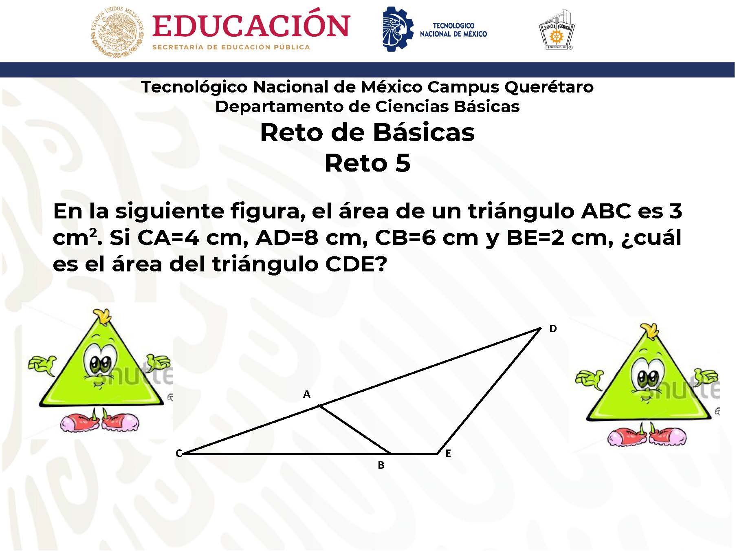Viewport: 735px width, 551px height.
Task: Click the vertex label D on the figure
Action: pyautogui.click(x=552, y=328)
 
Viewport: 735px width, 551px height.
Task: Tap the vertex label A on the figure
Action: pyautogui.click(x=307, y=394)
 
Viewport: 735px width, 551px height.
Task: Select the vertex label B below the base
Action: pyautogui.click(x=381, y=465)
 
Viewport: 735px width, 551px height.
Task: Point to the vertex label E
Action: pyautogui.click(x=448, y=454)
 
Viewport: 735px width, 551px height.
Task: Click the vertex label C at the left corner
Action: pyautogui.click(x=178, y=454)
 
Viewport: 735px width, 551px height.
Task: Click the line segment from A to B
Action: pyautogui.click(x=355, y=429)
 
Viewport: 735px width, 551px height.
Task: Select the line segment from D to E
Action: pyautogui.click(x=489, y=390)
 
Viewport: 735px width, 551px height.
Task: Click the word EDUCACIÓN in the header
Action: pyautogui.click(x=251, y=26)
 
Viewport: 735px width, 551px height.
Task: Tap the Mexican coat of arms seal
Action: pyautogui.click(x=117, y=32)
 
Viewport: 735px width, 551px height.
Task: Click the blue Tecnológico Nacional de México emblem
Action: pyautogui.click(x=397, y=29)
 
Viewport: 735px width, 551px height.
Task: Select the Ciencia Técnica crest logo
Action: pyautogui.click(x=556, y=30)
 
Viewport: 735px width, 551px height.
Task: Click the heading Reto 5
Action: pyautogui.click(x=367, y=163)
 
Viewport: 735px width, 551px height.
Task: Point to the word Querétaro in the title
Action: pyautogui.click(x=549, y=87)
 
